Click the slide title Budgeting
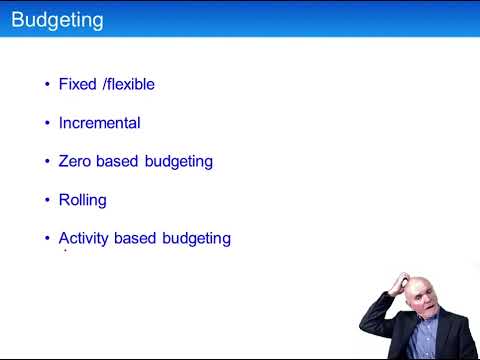click(56, 19)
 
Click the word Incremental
click(99, 123)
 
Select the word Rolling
click(83, 200)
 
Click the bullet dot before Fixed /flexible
click(47, 85)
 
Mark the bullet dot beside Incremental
click(47, 124)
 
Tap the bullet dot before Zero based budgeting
click(47, 162)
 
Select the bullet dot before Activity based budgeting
click(47, 239)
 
